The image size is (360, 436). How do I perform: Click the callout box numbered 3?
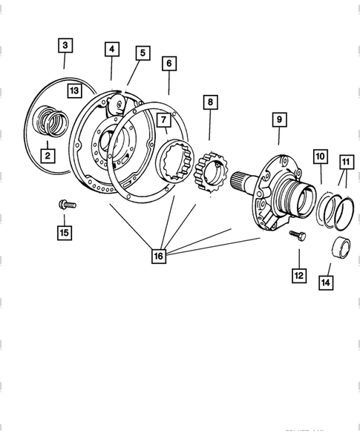[x=65, y=45]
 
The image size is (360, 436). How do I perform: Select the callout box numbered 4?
[x=111, y=50]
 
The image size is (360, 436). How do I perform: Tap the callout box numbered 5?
[x=142, y=53]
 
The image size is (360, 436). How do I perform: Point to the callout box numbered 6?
[x=169, y=64]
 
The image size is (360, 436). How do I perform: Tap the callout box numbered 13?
[x=73, y=90]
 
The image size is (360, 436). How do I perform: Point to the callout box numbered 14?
[x=325, y=282]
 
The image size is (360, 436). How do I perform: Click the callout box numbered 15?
[x=65, y=233]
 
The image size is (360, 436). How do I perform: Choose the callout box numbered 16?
[x=158, y=257]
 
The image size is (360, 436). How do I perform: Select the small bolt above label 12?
[x=297, y=234]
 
